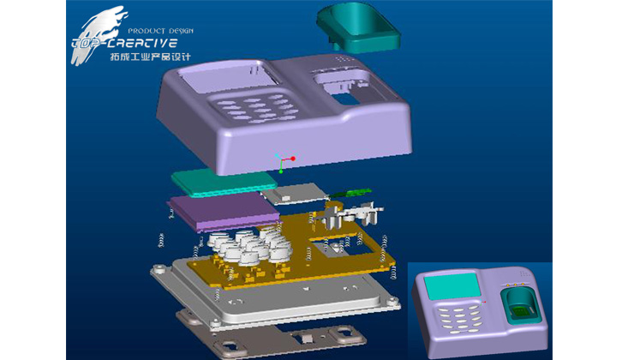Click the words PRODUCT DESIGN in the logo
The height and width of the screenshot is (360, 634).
(160, 31)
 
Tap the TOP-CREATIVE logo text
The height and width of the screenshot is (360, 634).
(124, 43)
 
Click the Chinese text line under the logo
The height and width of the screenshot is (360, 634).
(150, 57)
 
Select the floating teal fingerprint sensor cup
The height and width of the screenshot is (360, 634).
(359, 27)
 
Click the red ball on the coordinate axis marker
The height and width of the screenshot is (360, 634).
(293, 159)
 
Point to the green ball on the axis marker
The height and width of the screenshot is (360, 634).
(281, 172)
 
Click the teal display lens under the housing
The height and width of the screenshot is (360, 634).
(224, 184)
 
